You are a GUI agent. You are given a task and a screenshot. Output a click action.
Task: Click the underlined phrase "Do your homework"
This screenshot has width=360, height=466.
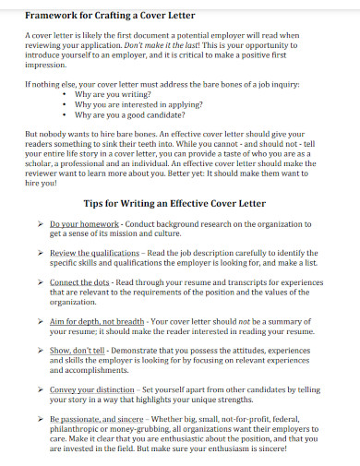[x=84, y=224]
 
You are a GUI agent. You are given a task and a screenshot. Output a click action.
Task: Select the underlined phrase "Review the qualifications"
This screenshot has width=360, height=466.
[x=95, y=252]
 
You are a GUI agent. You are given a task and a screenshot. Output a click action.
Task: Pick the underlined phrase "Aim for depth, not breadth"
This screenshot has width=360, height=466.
[x=97, y=320]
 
